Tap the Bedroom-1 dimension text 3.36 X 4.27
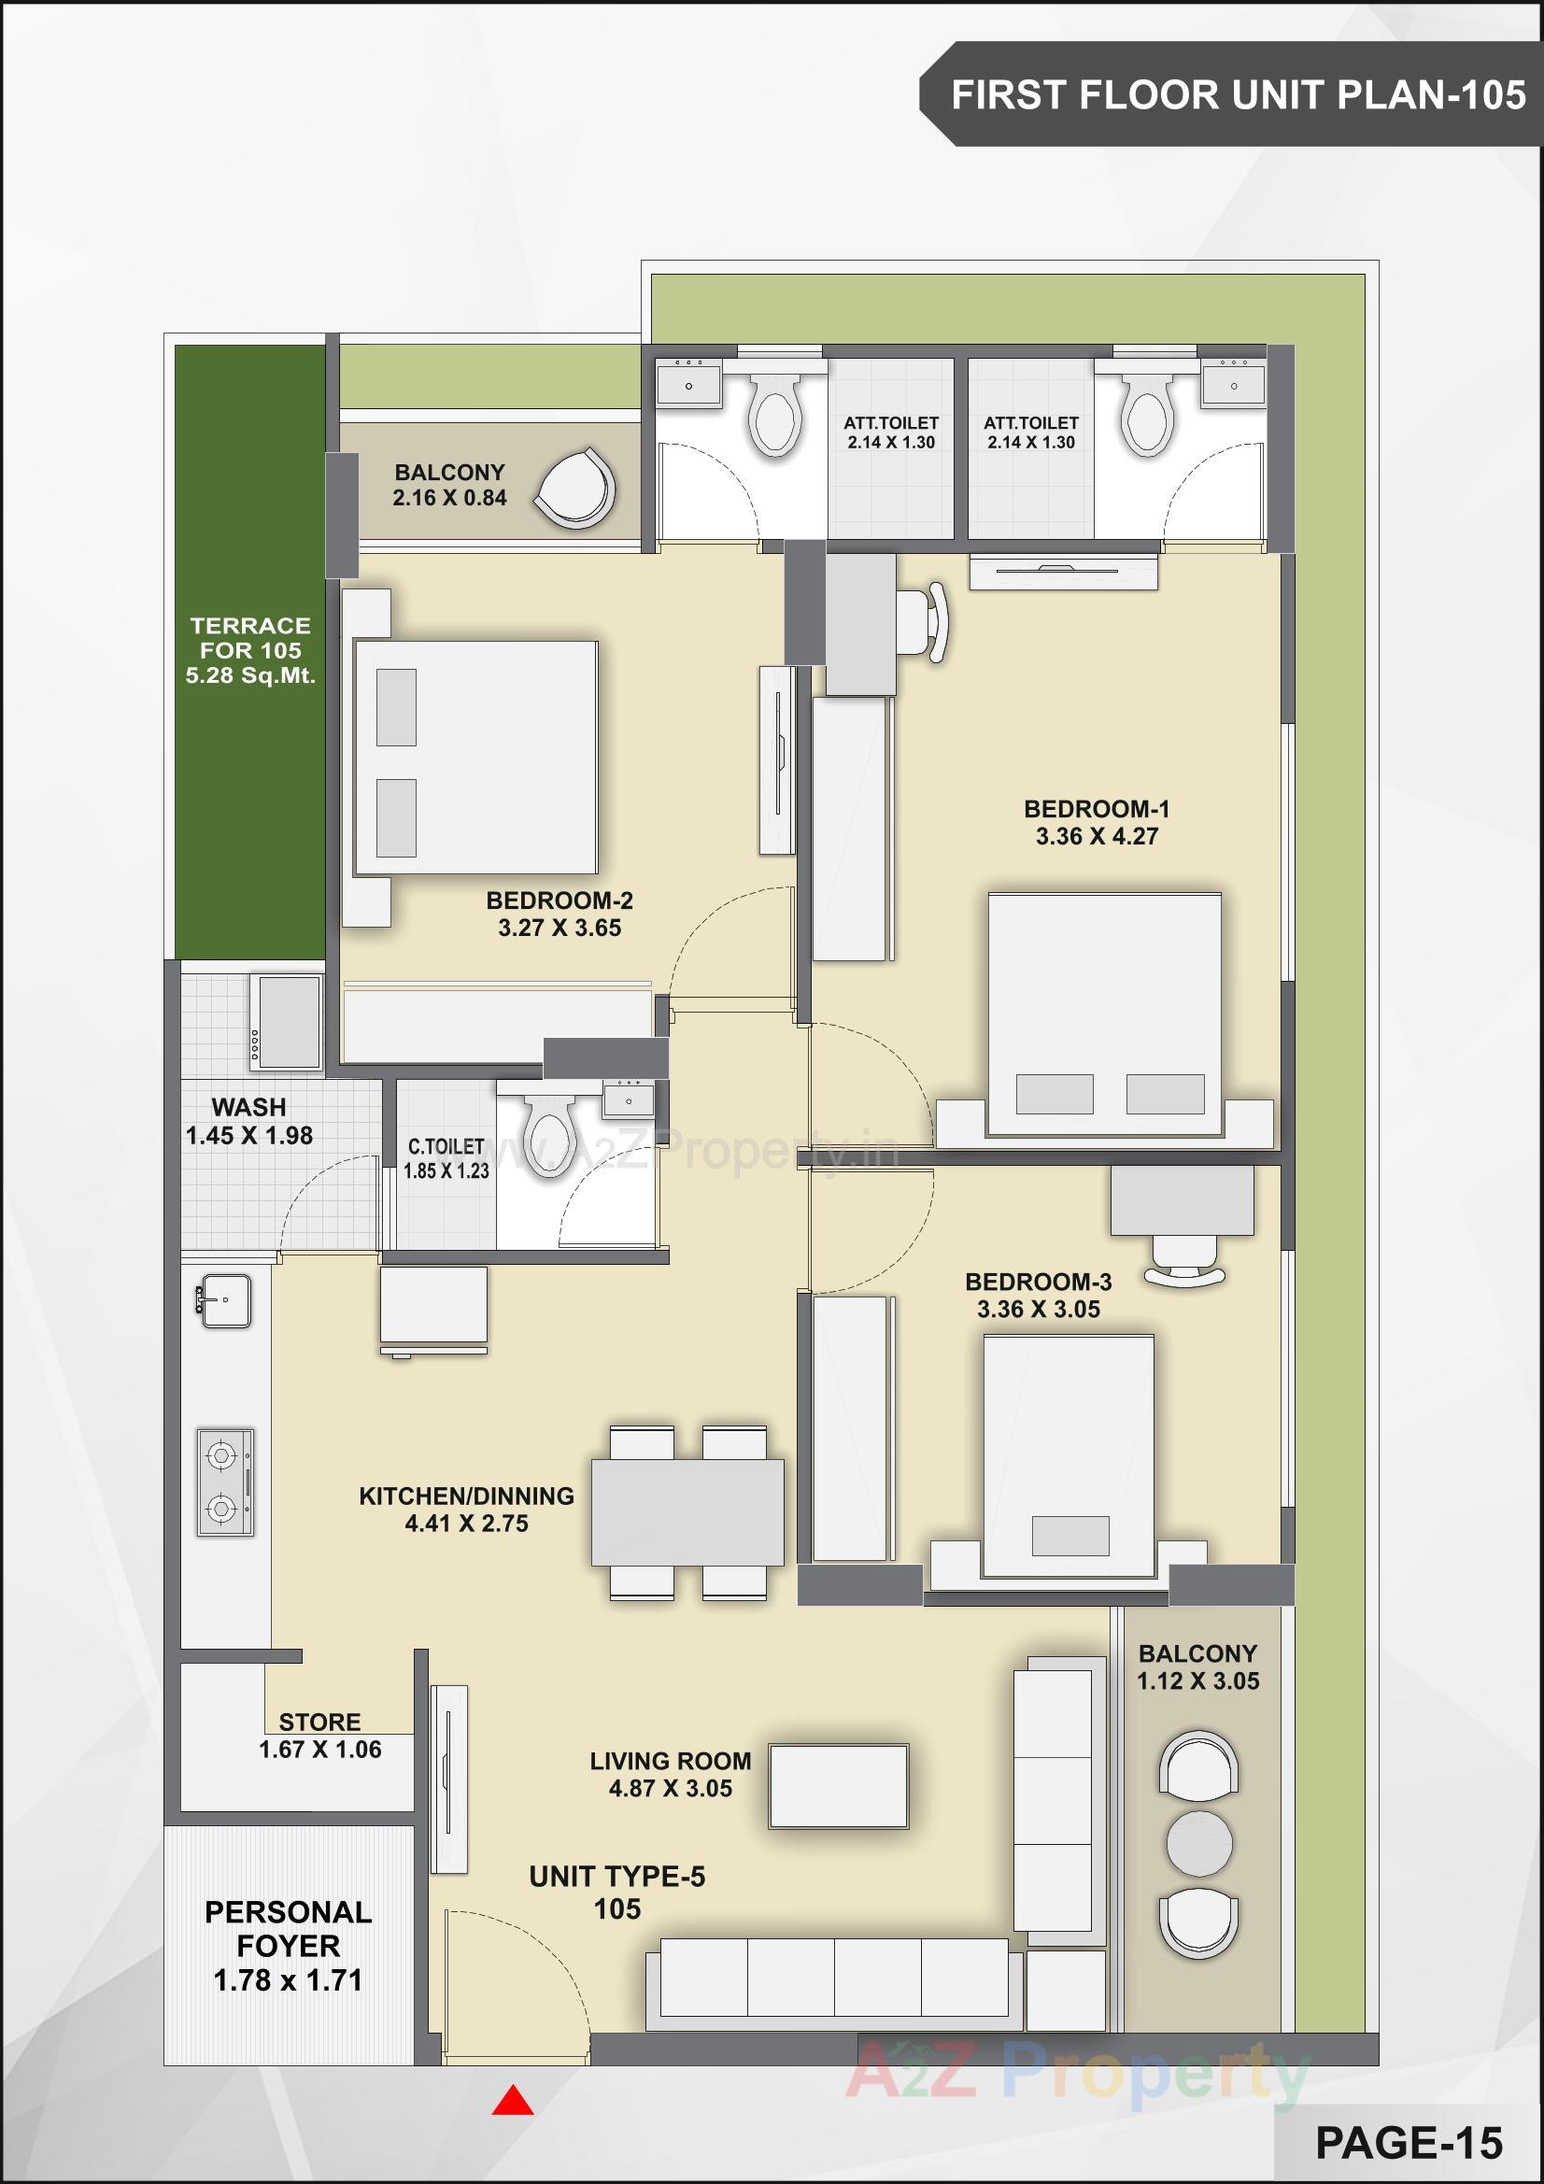[x=1096, y=836]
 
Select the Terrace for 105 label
[x=250, y=651]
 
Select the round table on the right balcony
[x=1198, y=1843]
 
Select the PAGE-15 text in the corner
[x=1408, y=2142]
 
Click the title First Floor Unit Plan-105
[x=1238, y=95]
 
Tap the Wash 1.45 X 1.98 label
[x=249, y=1121]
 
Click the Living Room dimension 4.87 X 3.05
[x=671, y=1788]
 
